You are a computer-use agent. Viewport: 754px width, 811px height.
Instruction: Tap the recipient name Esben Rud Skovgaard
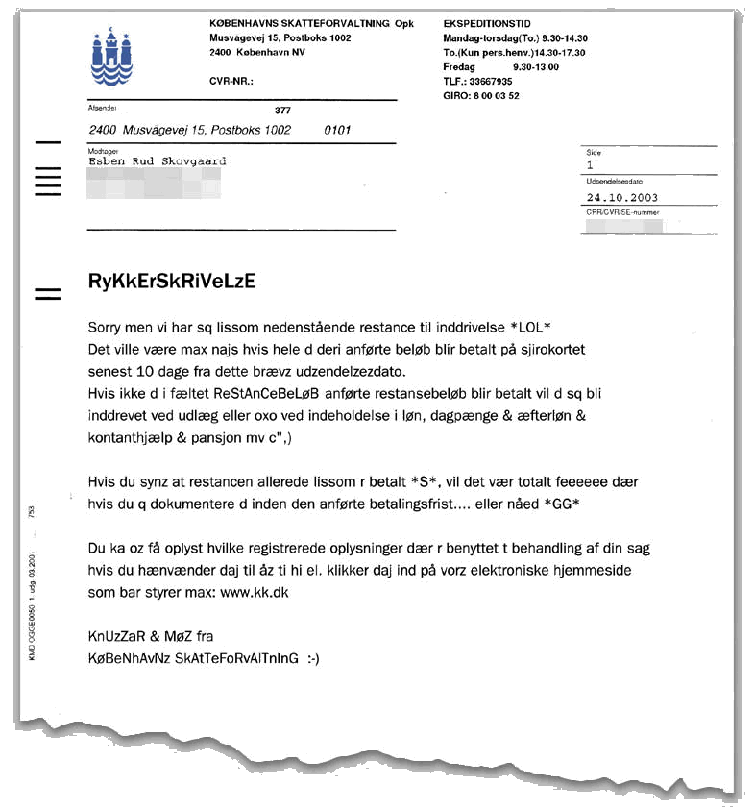157,161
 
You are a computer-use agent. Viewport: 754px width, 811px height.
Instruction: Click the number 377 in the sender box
282,111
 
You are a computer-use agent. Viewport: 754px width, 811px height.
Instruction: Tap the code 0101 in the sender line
338,129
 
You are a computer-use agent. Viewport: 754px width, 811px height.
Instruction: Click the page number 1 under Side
591,165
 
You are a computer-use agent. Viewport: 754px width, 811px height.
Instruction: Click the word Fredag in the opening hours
459,67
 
